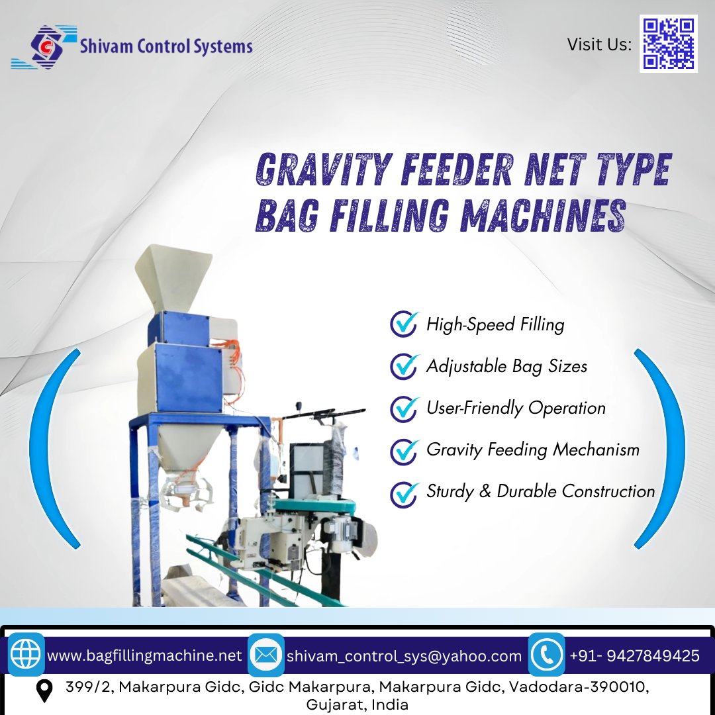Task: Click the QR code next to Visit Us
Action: point(668,44)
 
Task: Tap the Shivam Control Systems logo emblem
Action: point(44,47)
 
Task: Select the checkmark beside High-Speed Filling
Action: point(403,324)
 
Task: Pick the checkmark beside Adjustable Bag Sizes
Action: point(403,366)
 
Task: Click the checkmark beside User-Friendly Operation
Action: point(403,408)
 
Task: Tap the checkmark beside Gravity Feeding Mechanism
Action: point(403,450)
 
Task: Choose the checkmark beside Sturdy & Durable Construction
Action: point(403,493)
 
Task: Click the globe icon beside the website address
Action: point(26,655)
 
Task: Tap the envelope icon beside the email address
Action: point(266,655)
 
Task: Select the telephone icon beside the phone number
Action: point(547,655)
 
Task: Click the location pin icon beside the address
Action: point(44,691)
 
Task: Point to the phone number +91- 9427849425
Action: point(634,656)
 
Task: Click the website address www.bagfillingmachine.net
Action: point(144,656)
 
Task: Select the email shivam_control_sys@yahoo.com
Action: point(404,656)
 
